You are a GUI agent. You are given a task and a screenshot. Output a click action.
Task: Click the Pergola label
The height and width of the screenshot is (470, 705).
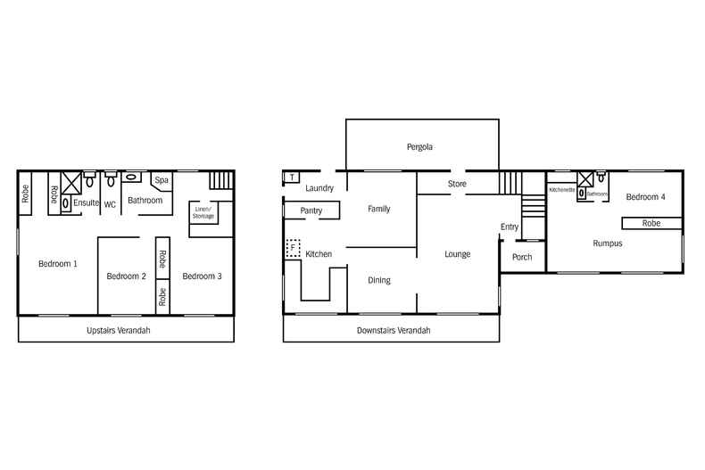419,147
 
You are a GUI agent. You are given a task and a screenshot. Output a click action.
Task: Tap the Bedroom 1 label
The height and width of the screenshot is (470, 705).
57,264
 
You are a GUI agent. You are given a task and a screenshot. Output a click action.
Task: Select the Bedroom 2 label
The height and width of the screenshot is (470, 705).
126,276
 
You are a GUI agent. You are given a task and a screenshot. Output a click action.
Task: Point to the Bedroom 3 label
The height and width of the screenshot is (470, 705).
202,276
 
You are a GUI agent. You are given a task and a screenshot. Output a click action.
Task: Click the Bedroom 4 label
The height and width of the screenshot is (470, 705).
645,196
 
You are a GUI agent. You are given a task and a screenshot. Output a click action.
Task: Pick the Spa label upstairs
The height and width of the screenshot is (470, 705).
162,181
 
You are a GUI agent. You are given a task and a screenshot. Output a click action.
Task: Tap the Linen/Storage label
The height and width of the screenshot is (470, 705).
203,213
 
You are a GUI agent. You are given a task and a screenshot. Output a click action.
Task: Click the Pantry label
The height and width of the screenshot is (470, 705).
311,211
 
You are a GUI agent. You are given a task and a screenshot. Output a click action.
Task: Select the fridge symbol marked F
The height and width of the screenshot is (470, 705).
293,247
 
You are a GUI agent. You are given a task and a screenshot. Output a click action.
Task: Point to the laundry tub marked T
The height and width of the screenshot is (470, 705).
292,177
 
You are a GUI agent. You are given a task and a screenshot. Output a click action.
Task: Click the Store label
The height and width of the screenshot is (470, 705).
457,185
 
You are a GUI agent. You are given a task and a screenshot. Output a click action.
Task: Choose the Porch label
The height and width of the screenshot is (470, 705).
522,258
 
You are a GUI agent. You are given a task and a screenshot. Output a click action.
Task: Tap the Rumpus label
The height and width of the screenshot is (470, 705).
607,243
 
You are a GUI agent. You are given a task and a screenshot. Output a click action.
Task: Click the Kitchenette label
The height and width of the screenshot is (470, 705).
562,190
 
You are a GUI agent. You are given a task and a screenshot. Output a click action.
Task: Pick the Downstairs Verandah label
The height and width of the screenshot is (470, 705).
394,330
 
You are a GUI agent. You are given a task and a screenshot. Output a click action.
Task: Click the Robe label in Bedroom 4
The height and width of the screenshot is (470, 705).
651,223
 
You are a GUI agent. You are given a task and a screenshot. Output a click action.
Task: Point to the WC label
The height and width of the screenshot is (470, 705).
111,205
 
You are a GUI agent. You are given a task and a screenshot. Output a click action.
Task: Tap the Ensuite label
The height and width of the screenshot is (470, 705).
87,203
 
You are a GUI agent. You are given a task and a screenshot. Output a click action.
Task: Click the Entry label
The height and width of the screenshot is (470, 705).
510,227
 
